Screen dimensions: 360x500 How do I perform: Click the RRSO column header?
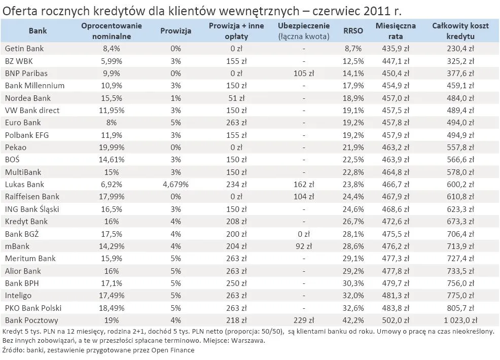coord(353,31)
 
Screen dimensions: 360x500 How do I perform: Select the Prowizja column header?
coord(175,31)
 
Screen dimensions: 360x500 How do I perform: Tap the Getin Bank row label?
coord(24,49)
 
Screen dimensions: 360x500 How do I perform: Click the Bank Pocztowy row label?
coord(31,320)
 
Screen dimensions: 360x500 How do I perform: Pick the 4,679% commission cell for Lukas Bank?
coord(175,185)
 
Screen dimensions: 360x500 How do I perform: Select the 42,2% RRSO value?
coord(353,320)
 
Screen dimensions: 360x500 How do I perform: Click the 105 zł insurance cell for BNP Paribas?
coord(304,74)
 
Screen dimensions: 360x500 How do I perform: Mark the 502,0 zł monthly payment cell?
coord(396,320)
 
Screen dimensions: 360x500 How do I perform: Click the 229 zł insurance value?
coord(304,320)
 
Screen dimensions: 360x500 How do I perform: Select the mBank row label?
coord(17,246)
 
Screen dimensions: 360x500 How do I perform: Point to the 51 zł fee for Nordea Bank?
coord(236,98)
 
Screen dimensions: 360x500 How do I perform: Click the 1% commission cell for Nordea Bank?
coord(175,98)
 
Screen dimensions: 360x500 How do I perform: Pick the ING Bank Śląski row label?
coord(34,209)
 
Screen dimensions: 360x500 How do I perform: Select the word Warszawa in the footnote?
coord(248,341)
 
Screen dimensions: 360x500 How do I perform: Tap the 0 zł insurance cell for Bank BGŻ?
coord(304,234)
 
